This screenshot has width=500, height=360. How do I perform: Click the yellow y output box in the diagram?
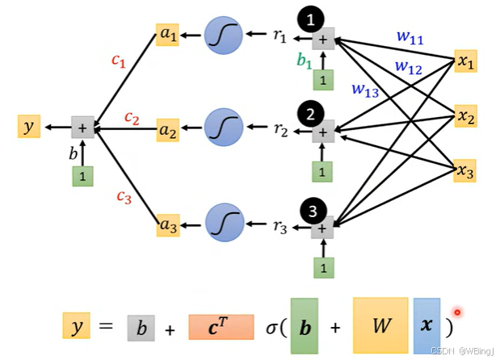tap(29, 127)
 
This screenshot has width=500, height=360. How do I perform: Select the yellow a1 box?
tap(167, 35)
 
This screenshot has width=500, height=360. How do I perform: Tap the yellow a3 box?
tap(168, 225)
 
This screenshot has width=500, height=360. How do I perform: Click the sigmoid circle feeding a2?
tap(224, 127)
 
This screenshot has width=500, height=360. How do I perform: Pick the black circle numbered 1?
tap(311, 19)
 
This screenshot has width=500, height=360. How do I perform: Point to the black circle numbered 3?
tap(313, 211)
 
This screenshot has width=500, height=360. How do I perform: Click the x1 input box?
tap(465, 61)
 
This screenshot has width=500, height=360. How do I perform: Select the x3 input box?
tap(465, 171)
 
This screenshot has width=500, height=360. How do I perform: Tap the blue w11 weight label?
tap(410, 37)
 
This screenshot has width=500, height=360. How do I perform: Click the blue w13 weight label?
tap(365, 90)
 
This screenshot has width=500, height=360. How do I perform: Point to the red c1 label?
tap(119, 61)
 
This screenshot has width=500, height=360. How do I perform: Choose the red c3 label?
tap(124, 197)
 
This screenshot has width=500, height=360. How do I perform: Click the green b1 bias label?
tap(305, 61)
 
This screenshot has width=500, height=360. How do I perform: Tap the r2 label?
tap(280, 130)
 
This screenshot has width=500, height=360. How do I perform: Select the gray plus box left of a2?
tap(82, 128)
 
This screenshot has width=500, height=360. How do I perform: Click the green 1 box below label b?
tap(82, 176)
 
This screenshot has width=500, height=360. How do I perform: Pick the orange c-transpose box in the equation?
tap(221, 327)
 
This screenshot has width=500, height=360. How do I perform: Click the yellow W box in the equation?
tap(380, 325)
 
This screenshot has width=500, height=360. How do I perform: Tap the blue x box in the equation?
tap(426, 326)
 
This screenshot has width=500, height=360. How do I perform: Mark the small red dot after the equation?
tap(457, 312)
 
